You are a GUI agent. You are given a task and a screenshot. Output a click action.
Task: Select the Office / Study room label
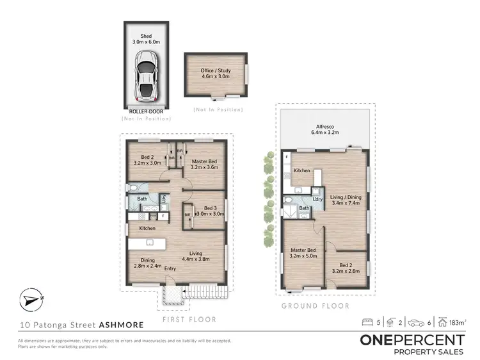[216, 74]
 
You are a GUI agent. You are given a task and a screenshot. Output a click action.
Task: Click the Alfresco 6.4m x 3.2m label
[326, 130]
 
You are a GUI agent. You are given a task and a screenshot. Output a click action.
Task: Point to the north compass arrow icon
[30, 299]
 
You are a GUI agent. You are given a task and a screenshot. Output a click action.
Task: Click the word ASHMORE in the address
[117, 325]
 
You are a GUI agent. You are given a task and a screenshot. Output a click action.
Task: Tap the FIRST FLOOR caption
[189, 319]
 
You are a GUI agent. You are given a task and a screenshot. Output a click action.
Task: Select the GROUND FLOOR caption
[316, 306]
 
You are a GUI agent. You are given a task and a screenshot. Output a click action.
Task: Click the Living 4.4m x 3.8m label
[195, 256]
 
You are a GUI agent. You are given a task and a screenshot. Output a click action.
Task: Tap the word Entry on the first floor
[170, 268]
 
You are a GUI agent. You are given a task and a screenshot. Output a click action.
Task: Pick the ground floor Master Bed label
[303, 254]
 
